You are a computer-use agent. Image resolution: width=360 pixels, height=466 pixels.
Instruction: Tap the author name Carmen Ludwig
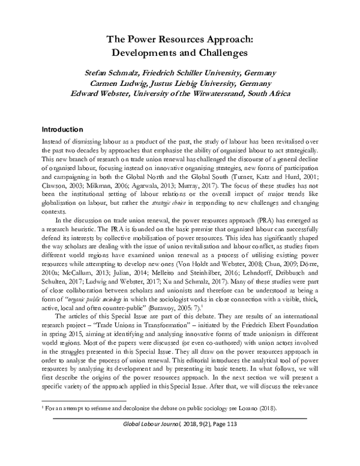point(118,83)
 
